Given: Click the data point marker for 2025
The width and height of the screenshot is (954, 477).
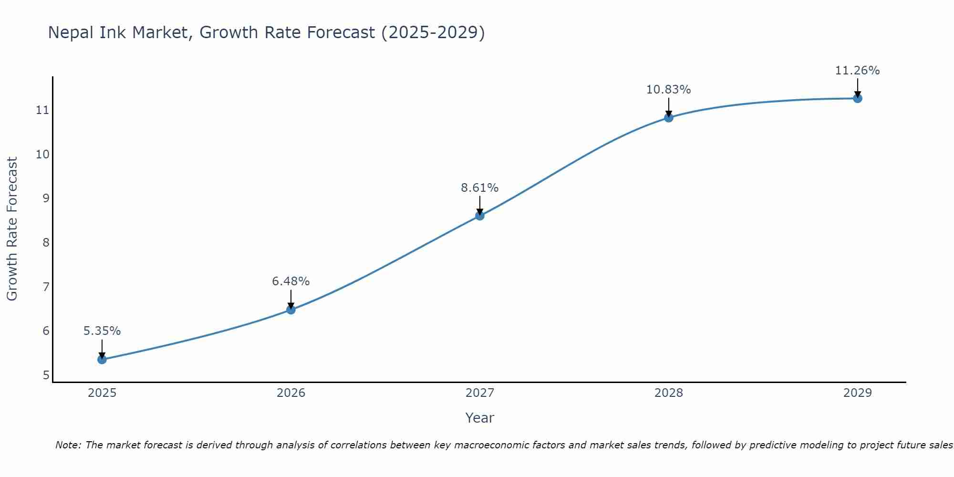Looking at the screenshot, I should click(102, 359).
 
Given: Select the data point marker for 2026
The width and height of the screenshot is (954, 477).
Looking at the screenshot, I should click(291, 310).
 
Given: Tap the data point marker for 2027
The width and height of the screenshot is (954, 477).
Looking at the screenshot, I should click(480, 216).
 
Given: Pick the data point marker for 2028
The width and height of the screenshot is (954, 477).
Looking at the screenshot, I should click(669, 117).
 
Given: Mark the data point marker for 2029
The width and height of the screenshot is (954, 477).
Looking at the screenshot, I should click(858, 98).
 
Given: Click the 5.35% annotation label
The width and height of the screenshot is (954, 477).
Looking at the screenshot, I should click(102, 331).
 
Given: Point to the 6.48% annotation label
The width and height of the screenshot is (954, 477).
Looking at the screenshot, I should click(291, 281).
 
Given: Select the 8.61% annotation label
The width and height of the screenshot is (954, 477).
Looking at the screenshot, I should click(480, 188).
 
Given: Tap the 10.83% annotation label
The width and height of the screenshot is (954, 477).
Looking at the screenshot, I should click(669, 90).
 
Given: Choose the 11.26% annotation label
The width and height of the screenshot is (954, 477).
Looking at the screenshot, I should click(858, 71).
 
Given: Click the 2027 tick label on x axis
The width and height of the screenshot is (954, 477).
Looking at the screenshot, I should click(480, 393).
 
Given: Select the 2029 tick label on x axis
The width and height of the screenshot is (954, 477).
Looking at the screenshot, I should click(858, 393).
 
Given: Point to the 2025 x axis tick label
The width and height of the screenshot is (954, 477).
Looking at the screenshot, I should click(102, 393).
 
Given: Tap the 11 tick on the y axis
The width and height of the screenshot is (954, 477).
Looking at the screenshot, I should click(42, 110).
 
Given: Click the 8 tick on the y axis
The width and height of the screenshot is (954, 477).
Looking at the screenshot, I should click(46, 243).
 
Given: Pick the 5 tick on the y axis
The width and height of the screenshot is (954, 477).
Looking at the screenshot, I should click(46, 375).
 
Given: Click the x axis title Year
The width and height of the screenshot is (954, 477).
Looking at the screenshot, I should click(480, 418).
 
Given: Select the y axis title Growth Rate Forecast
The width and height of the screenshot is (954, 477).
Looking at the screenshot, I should click(12, 229).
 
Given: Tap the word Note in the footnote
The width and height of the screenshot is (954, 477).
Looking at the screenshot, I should click(68, 445).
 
